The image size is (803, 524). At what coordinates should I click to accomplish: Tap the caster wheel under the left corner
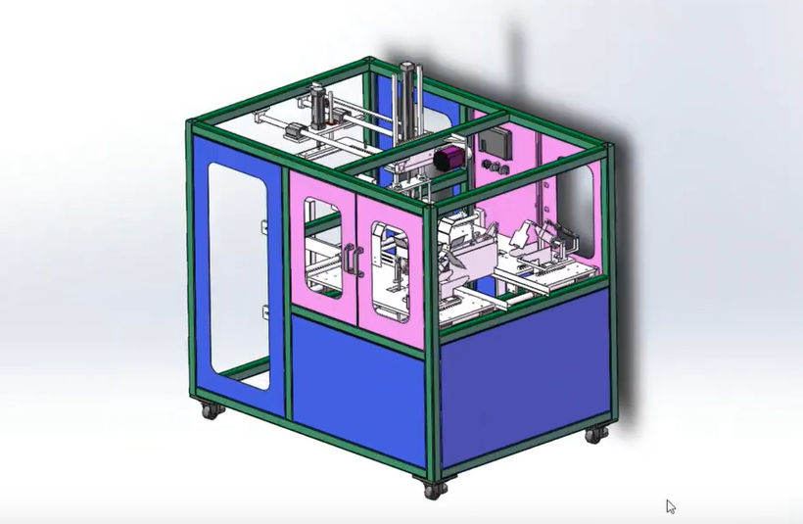[210, 410]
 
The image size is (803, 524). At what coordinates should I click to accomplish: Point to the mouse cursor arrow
[671, 506]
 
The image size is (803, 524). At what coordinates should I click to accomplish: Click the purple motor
[449, 159]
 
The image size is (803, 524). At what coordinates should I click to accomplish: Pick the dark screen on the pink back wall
[495, 143]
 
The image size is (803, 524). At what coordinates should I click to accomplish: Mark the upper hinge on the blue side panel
[264, 228]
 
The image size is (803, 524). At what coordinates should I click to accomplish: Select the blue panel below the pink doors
[357, 382]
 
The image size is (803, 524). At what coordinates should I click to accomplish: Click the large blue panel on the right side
[524, 377]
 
